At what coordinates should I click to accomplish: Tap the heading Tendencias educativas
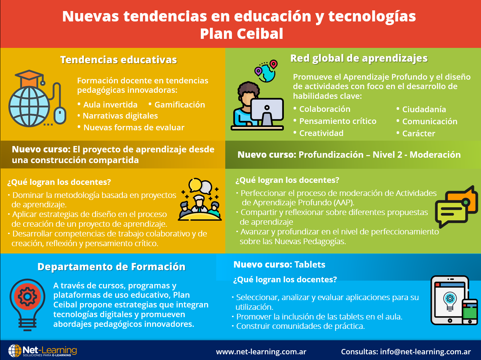click(x=118, y=60)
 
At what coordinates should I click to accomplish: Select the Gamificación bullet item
click(x=179, y=105)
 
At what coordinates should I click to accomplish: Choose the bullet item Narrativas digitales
click(x=120, y=116)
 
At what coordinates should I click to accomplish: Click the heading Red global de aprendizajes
click(x=359, y=58)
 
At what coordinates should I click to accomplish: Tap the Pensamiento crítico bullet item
click(x=337, y=121)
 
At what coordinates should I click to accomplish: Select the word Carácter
click(x=418, y=134)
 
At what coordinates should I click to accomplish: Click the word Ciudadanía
click(x=424, y=110)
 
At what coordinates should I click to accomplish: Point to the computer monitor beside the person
click(x=267, y=111)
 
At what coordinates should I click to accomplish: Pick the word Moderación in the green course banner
click(x=435, y=155)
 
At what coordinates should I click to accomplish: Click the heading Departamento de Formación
click(x=111, y=267)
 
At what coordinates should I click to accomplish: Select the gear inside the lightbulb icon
click(x=27, y=296)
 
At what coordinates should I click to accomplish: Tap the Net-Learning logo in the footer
click(x=43, y=351)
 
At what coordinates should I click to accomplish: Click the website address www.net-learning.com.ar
click(x=261, y=352)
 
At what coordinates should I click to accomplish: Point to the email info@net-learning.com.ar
click(x=425, y=352)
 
